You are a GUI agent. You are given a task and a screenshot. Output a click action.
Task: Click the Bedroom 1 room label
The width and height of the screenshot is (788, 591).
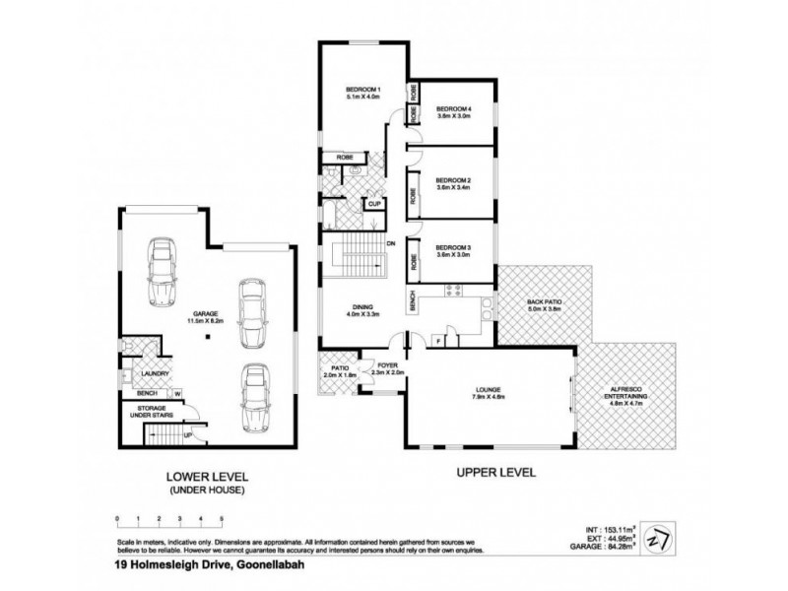point(363,90)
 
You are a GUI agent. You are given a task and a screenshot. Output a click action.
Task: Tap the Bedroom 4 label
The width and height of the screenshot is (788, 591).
point(454,108)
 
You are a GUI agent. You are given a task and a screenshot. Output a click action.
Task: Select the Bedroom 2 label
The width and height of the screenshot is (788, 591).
point(454,180)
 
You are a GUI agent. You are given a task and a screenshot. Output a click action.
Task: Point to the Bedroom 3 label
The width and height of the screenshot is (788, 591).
point(454,246)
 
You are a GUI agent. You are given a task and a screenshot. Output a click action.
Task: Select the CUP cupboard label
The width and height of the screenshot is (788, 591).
point(375,204)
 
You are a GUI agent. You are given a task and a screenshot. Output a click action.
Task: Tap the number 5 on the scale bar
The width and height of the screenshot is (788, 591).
point(222,517)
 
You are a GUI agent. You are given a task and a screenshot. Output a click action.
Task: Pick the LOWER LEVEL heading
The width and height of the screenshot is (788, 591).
point(207,475)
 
